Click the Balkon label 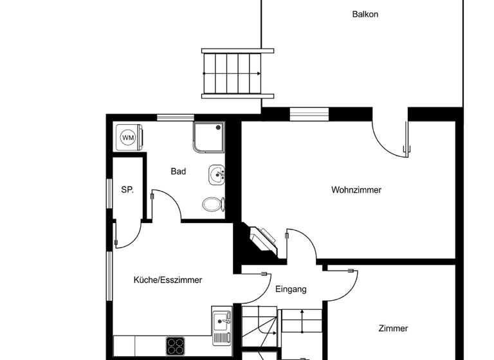pos(365,14)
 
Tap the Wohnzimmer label pos(356,190)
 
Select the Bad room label pos(178,172)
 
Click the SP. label pos(127,190)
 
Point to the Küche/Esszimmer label pos(167,280)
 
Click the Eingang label pos(291,289)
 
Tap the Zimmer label pos(393,328)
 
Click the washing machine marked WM pos(129,138)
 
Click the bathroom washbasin pos(217,174)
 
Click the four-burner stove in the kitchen pos(176,346)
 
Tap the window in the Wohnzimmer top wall pos(309,114)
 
